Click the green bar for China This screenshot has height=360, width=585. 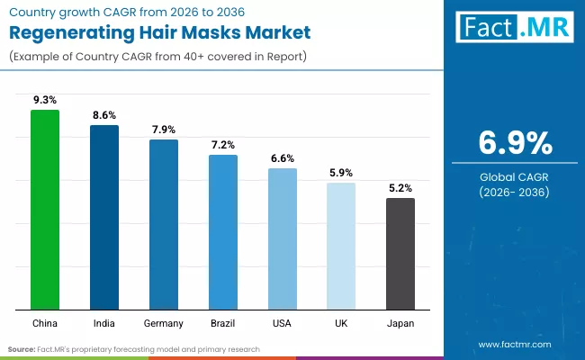point(44,209)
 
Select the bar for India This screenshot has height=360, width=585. point(103,217)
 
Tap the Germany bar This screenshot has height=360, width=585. point(163,224)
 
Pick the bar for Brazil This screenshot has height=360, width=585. point(222,231)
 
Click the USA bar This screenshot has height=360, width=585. point(282,238)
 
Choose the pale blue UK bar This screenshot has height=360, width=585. point(341,246)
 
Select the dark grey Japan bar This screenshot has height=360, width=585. point(400,253)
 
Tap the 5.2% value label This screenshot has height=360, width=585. point(400,188)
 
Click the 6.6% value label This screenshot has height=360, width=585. point(282,158)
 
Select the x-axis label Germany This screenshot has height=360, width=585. point(163,323)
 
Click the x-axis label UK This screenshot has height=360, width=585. point(341,323)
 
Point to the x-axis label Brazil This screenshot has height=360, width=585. point(222,323)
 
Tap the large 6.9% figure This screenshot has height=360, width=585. point(514,143)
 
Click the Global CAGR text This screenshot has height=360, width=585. point(514,177)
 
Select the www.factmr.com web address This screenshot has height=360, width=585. point(514,344)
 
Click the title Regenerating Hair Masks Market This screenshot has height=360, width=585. point(159,33)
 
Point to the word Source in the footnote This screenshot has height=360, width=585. point(22,348)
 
